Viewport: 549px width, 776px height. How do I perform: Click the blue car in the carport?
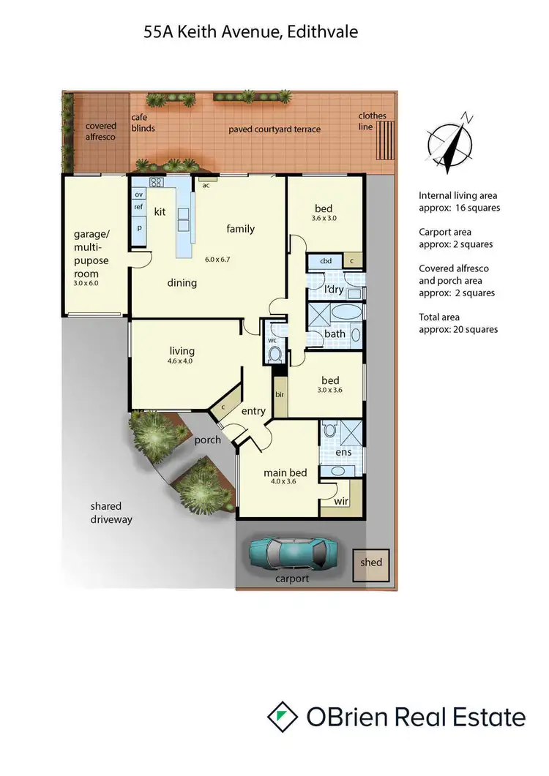tap(292, 554)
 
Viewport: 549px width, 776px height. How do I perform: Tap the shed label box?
tap(371, 562)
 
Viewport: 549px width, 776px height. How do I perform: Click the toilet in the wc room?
tap(275, 354)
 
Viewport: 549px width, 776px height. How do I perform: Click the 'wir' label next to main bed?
tap(341, 501)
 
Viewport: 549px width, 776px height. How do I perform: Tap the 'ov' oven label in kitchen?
tap(138, 195)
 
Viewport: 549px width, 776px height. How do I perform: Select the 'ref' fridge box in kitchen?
tap(138, 207)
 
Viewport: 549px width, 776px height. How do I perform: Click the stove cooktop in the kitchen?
tap(156, 182)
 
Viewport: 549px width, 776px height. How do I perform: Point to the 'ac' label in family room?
tap(206, 184)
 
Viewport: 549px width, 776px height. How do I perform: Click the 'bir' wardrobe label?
tap(280, 394)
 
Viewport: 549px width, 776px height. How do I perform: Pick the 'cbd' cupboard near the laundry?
tap(326, 261)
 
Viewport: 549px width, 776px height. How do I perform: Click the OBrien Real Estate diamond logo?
tap(282, 716)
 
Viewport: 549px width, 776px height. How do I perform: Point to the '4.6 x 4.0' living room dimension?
tap(179, 361)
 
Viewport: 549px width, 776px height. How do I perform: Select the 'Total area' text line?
tap(444, 317)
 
